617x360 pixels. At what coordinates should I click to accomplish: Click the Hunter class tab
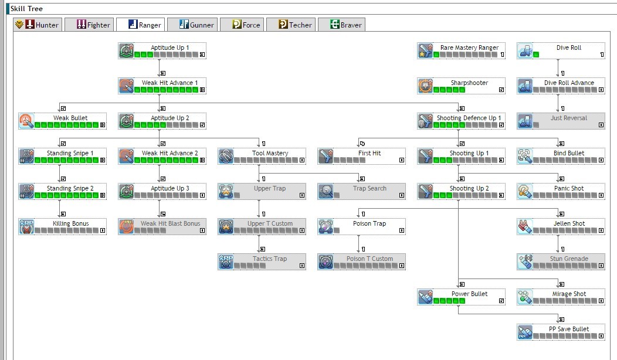[37, 25]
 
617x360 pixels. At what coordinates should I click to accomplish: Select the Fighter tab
[88, 25]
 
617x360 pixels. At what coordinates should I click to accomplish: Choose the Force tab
[242, 25]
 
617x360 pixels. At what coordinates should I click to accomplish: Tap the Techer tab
[291, 25]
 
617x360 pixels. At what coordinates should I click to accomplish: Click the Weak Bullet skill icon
[26, 121]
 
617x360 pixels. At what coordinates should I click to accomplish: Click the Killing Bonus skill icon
[26, 227]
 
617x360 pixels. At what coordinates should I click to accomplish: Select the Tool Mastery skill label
[270, 153]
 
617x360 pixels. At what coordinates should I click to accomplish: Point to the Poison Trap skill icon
[326, 227]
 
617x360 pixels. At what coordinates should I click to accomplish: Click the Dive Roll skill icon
[525, 51]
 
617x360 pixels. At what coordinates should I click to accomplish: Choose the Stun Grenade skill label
[568, 259]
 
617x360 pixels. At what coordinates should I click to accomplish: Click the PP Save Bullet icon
[525, 332]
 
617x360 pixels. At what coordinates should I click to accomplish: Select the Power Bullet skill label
[469, 294]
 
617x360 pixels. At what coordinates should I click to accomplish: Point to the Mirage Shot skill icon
[525, 297]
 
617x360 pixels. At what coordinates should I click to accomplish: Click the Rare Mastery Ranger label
[469, 47]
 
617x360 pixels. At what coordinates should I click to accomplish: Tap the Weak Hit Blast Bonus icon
[126, 227]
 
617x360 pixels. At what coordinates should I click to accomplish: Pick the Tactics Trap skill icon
[226, 262]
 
